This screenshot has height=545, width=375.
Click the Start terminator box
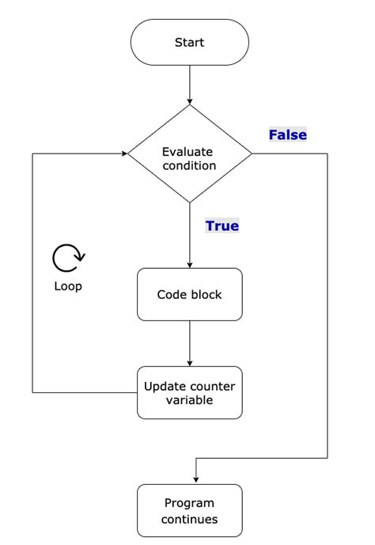click(190, 42)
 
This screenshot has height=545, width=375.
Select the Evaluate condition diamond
click(190, 153)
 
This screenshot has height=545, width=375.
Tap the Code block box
click(190, 294)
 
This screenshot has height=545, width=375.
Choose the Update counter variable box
click(190, 392)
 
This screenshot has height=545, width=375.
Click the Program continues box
click(190, 511)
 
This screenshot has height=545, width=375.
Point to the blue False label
click(287, 135)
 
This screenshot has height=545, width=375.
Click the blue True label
click(222, 226)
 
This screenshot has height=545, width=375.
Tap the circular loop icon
click(68, 258)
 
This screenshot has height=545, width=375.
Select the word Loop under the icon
click(68, 286)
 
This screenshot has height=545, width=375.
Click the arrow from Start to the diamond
click(190, 85)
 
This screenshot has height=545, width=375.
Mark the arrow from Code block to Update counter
click(190, 343)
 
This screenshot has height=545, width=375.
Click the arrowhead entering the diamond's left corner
click(124, 153)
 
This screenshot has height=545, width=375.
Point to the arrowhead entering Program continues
click(195, 479)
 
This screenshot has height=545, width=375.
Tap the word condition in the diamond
click(189, 166)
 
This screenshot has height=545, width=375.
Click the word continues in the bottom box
click(190, 520)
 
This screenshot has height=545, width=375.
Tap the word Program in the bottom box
click(190, 503)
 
